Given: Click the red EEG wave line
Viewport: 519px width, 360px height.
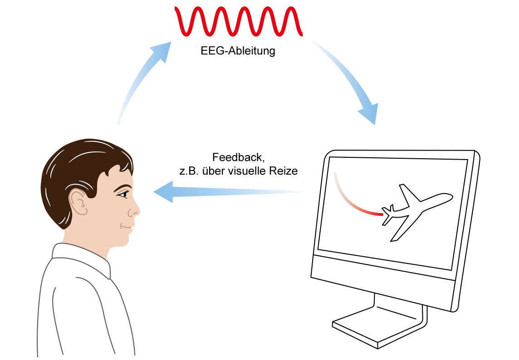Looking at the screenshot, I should click(239, 21).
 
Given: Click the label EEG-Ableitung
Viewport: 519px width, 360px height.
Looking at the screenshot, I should click(238, 50).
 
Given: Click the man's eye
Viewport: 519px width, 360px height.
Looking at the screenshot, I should click(123, 195).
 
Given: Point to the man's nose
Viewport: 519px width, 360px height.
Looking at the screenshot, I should click(135, 211).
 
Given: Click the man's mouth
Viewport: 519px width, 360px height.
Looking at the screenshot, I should click(128, 226).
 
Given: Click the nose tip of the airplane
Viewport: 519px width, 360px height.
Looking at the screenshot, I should click(451, 196).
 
